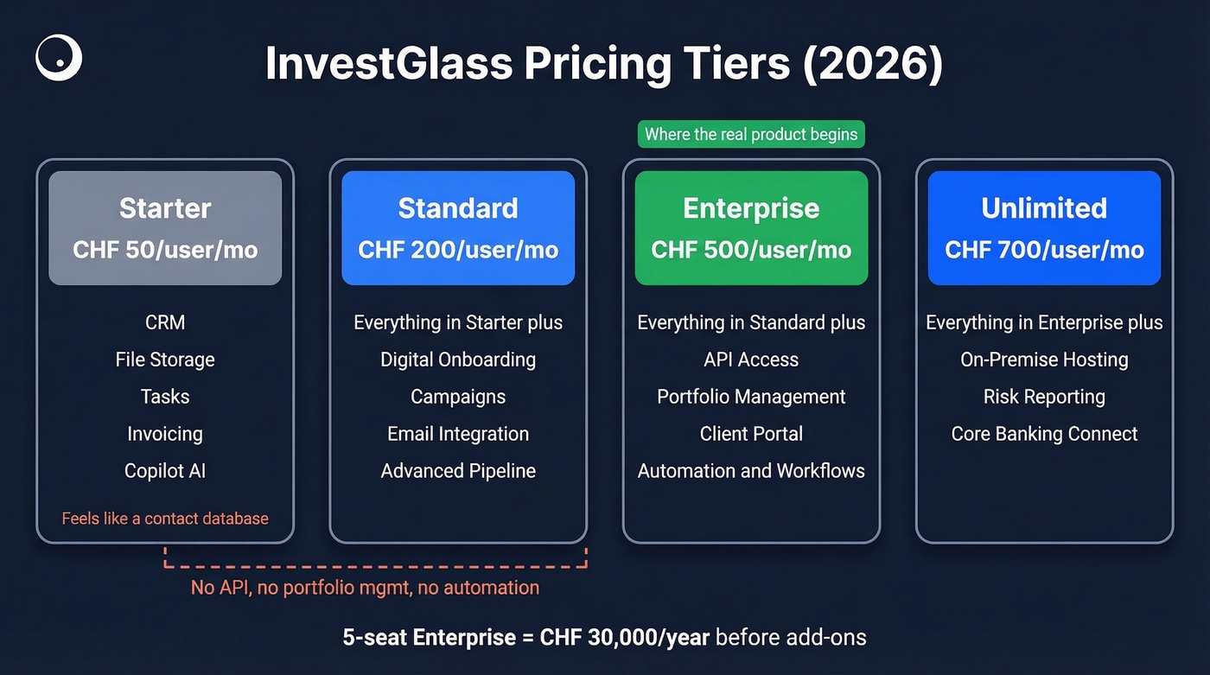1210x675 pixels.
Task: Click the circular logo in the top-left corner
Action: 59,59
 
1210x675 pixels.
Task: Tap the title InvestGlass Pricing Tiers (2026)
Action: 603,64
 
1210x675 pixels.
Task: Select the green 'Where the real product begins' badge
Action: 751,134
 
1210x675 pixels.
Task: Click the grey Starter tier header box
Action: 165,227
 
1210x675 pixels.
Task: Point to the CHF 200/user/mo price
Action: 458,251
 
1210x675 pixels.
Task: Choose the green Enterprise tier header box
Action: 751,227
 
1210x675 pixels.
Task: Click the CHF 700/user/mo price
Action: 1044,251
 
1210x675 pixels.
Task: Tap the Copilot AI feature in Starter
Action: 165,471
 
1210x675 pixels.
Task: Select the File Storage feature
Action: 165,360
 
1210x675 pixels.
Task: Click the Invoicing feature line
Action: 165,434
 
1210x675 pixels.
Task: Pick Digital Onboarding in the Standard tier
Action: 458,360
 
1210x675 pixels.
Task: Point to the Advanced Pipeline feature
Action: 458,471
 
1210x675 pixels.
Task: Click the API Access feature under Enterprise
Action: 751,360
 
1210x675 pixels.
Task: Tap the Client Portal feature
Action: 751,434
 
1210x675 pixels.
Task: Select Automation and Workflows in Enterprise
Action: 751,471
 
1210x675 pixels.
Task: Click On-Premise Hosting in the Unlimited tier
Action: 1044,360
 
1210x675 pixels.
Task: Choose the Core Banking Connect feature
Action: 1044,434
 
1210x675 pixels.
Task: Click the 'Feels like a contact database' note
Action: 165,519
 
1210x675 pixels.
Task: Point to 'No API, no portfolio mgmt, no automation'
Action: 365,588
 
